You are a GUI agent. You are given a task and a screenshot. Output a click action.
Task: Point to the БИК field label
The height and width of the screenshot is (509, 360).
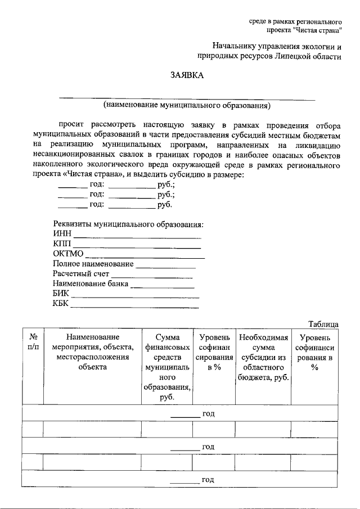[x=61, y=294]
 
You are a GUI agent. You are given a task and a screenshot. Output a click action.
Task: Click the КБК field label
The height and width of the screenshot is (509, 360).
[x=61, y=304]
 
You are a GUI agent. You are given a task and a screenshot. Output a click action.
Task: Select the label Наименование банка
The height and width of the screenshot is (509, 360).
[x=91, y=284]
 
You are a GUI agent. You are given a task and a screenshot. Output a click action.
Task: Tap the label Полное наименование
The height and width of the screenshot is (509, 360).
[x=93, y=264]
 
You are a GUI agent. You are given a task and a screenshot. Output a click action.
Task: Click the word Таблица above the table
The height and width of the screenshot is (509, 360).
[x=323, y=325]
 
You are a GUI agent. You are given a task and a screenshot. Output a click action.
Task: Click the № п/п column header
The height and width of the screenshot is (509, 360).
[x=33, y=342]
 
